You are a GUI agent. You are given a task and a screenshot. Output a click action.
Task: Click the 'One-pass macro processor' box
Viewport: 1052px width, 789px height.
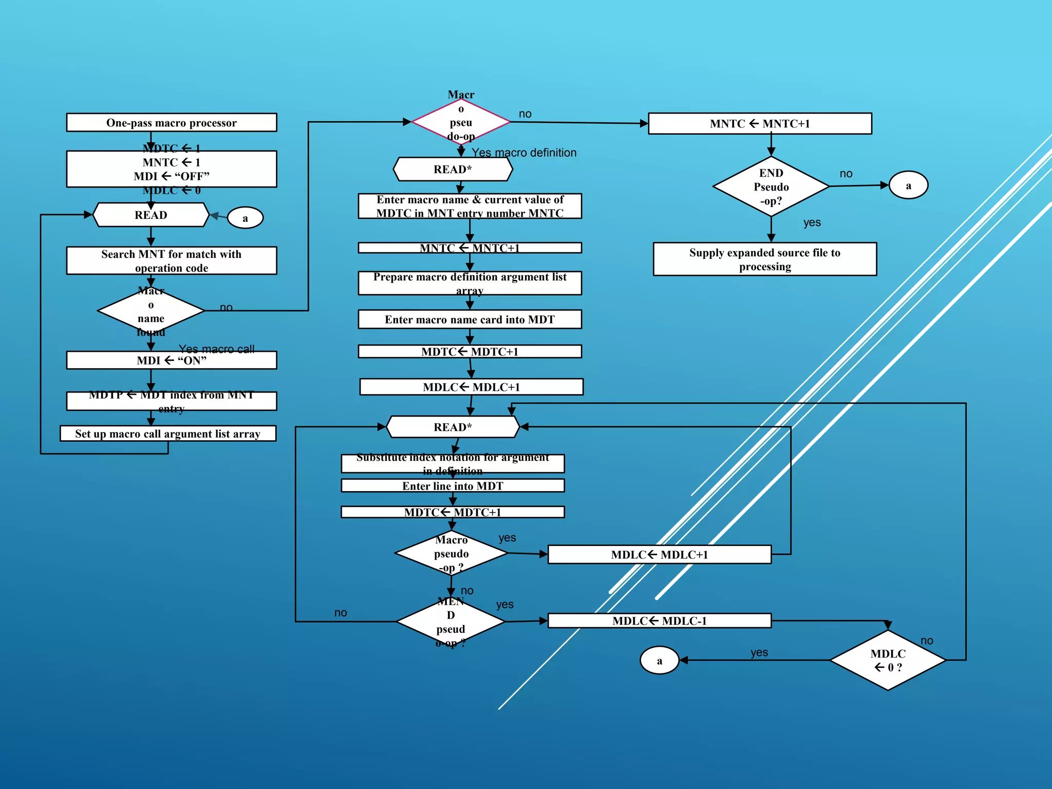click(x=171, y=123)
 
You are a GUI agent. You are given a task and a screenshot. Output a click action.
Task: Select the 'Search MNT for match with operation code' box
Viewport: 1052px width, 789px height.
click(x=171, y=261)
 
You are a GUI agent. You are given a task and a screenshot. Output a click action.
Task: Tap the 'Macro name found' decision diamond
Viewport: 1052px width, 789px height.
click(x=151, y=311)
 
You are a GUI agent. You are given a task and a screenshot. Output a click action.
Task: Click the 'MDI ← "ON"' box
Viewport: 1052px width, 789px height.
click(x=171, y=361)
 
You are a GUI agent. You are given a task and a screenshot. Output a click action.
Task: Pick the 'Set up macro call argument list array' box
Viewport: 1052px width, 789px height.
click(x=168, y=434)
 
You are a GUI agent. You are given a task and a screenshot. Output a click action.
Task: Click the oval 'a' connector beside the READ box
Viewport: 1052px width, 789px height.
click(x=245, y=218)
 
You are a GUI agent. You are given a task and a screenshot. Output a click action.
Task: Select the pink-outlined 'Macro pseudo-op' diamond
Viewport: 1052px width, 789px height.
click(x=461, y=122)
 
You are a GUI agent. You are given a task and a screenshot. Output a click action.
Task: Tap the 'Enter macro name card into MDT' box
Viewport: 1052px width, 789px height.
click(x=469, y=320)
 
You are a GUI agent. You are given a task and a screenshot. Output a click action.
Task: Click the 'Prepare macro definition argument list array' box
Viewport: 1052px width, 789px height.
click(x=469, y=283)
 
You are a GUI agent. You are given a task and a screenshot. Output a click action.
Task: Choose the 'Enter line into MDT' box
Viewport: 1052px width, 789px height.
click(x=453, y=486)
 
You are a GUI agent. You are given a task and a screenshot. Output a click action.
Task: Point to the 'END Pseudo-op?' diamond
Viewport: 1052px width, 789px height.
click(x=771, y=187)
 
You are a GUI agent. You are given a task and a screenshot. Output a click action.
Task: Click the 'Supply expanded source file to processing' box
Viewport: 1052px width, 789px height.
click(x=764, y=259)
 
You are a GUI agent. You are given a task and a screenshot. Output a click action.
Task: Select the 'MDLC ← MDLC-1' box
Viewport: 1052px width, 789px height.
click(x=659, y=621)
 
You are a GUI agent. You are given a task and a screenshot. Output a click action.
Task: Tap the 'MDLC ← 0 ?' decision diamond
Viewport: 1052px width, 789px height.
click(x=888, y=661)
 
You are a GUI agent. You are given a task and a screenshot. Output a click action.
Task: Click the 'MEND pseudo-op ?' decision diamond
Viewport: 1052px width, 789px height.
click(x=450, y=622)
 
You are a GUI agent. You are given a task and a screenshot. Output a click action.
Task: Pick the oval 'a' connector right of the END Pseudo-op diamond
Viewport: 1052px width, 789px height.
click(x=908, y=185)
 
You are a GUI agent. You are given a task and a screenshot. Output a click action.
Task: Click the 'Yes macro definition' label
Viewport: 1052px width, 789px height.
click(x=524, y=153)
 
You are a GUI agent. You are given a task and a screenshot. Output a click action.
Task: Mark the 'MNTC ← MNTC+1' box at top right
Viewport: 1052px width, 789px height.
click(x=759, y=124)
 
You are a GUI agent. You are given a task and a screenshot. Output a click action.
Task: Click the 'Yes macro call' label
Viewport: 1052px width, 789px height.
click(x=216, y=349)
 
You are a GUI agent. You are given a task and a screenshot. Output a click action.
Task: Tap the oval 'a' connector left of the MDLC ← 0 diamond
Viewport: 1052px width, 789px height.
click(x=659, y=661)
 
